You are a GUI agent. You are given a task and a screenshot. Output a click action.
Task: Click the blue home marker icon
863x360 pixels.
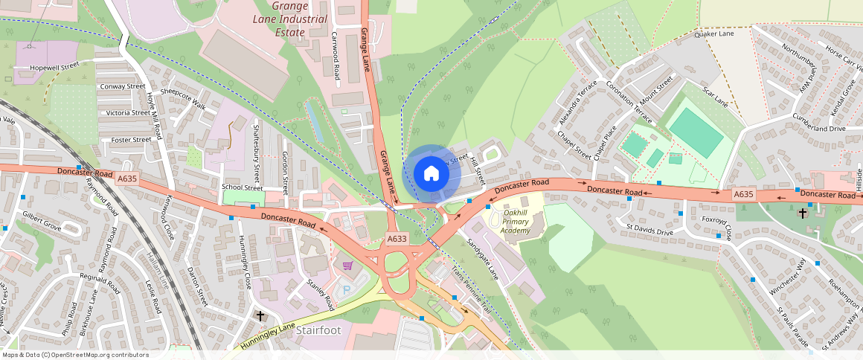(431, 174)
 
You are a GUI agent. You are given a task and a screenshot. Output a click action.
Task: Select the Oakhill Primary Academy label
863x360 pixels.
(515, 221)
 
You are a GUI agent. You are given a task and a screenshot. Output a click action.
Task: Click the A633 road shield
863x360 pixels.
(397, 239)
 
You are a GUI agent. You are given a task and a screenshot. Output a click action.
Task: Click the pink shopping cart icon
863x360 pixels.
(347, 266)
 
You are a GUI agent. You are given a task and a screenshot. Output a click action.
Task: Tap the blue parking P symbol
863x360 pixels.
(344, 289)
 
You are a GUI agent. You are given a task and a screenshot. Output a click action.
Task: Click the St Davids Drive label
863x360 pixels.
(649, 231)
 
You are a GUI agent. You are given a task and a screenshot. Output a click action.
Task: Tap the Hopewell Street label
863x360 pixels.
(54, 67)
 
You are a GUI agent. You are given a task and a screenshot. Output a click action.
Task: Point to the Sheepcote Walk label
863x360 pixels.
(187, 94)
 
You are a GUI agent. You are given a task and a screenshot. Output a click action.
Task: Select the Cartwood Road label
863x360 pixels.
(336, 57)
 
